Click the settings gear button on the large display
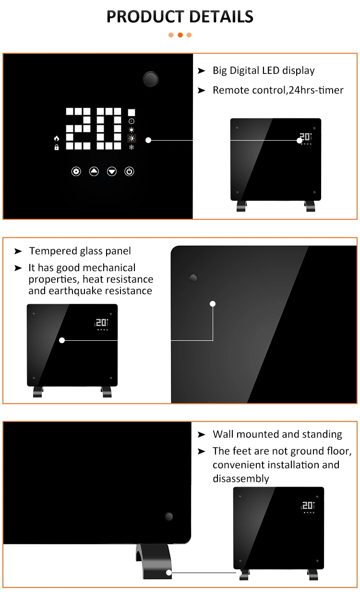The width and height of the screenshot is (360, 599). (76, 171)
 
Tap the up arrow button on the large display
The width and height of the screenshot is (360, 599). (94, 171)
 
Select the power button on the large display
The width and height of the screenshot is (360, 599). (129, 171)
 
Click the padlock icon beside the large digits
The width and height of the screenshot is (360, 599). (57, 147)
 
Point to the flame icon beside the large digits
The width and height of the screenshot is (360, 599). (57, 138)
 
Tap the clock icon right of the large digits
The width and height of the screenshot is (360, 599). (132, 121)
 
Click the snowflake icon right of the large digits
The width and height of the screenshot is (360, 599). (132, 147)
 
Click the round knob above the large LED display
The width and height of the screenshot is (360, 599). (151, 79)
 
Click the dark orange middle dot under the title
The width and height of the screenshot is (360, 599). (180, 35)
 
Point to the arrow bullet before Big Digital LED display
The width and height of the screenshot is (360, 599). (202, 71)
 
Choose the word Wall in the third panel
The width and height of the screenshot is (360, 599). (223, 434)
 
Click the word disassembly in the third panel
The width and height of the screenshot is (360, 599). (240, 479)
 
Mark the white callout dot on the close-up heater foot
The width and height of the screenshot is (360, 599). (169, 573)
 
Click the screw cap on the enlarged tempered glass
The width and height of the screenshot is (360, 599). (193, 278)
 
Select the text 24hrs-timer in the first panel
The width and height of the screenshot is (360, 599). (316, 90)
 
